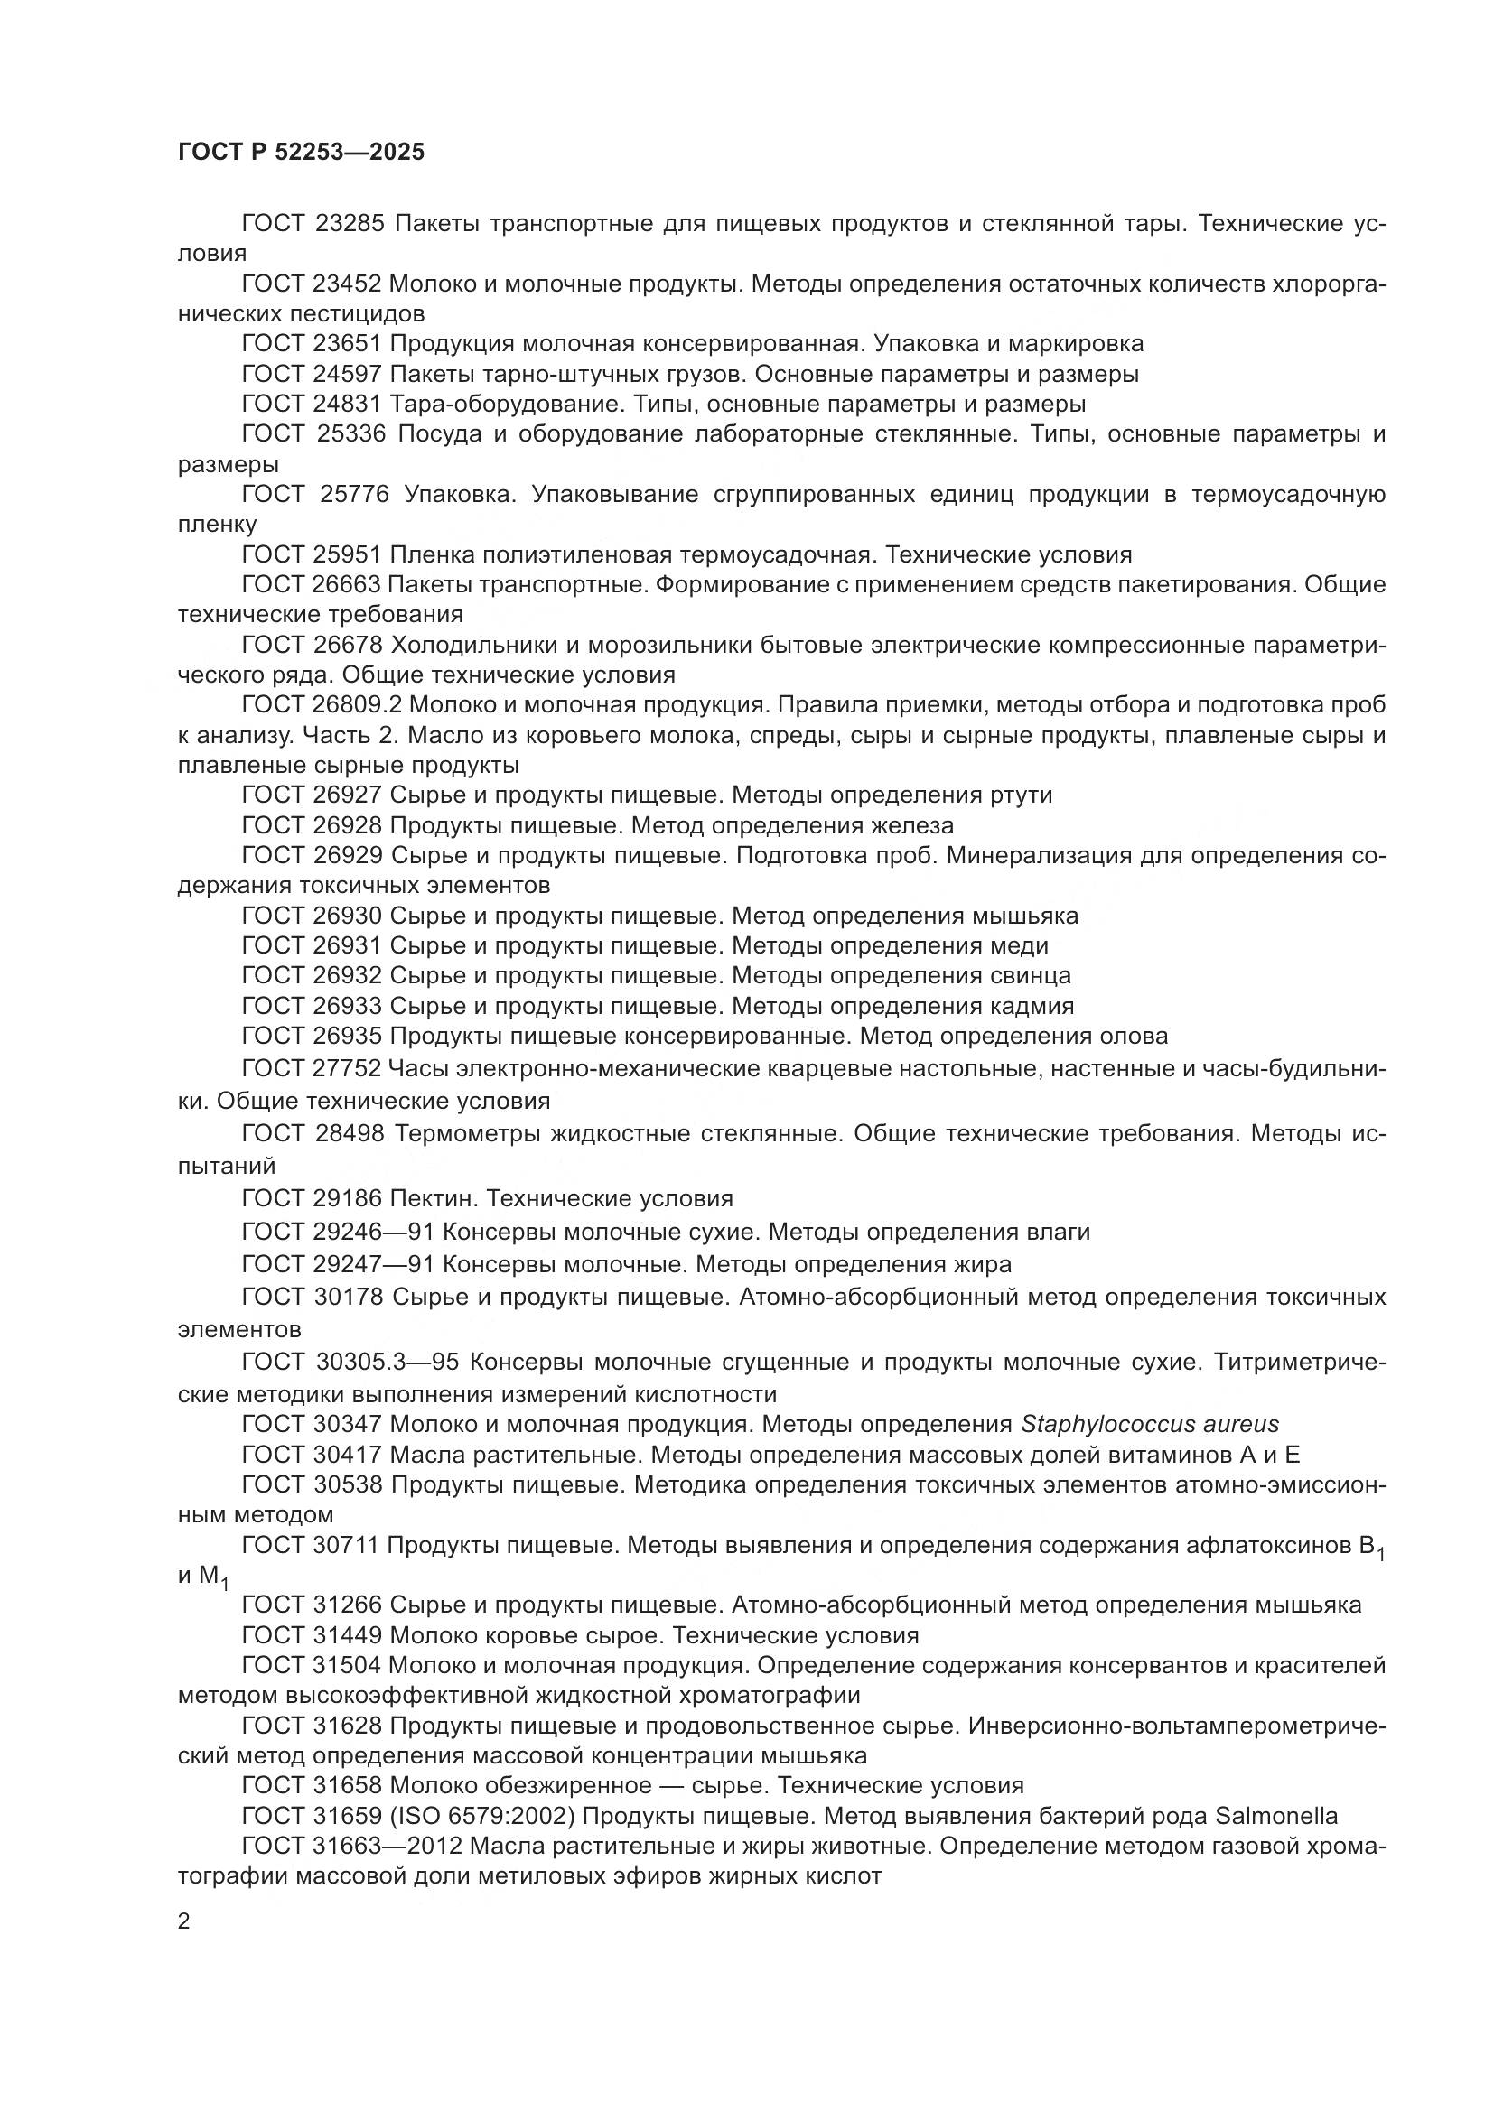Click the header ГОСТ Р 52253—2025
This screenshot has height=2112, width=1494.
301,152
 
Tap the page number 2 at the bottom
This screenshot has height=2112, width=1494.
184,1921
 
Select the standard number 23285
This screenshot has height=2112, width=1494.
349,224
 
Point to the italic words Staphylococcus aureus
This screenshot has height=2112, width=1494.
1149,1425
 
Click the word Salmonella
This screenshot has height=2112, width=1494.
1276,1816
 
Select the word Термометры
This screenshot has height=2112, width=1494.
469,1134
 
